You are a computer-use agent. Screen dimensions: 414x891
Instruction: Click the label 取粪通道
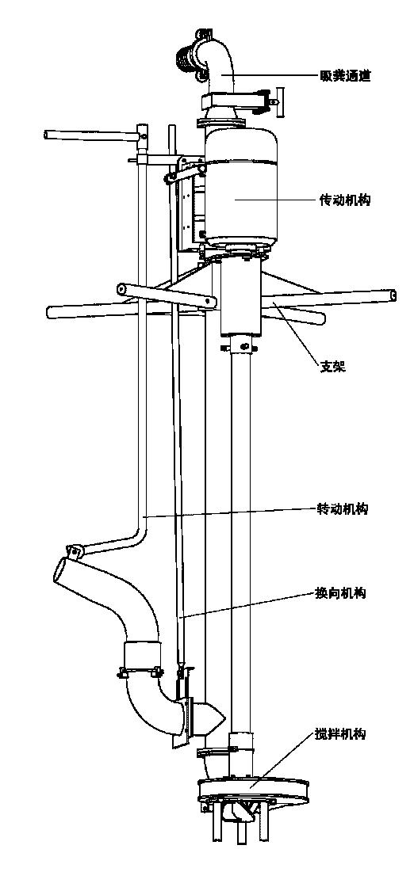[x=345, y=76]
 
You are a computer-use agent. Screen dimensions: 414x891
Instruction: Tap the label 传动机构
[x=345, y=200]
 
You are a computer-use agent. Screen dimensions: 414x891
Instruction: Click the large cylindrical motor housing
[x=240, y=188]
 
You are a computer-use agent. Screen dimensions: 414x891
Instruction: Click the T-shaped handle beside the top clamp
[x=277, y=101]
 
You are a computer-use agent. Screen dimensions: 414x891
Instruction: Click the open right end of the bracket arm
[x=392, y=296]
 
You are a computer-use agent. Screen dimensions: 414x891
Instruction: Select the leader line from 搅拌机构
[x=281, y=760]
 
